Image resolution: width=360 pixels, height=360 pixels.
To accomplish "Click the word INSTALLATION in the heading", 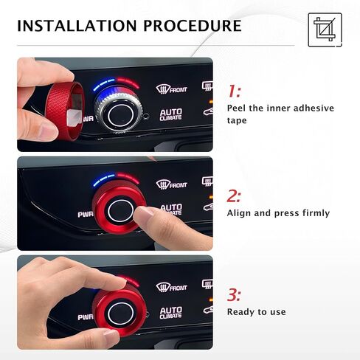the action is point(77,26).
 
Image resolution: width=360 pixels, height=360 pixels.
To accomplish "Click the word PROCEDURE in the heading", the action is point(193,26).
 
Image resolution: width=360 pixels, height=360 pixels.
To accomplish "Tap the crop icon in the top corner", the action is point(325,30).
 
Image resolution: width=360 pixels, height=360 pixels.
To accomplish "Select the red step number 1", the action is point(234,91).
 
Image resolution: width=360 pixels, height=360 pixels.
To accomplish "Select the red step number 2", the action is point(234,196).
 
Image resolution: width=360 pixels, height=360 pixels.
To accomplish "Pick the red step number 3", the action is point(234,295).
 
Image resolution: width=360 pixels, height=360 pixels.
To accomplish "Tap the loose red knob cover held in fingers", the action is point(64,111).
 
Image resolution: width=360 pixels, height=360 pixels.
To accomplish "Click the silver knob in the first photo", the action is point(119,112).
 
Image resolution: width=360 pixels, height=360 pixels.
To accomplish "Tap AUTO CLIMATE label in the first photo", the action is point(171,114).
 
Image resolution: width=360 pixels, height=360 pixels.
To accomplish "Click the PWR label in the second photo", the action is point(86,215).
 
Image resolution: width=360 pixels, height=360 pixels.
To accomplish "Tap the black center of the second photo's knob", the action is point(120,211).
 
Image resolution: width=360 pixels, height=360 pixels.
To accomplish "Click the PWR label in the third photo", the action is point(86,317).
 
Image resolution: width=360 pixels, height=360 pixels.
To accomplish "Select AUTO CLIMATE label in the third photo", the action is point(171,313).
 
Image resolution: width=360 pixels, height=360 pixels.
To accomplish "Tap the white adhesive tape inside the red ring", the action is point(75,117).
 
